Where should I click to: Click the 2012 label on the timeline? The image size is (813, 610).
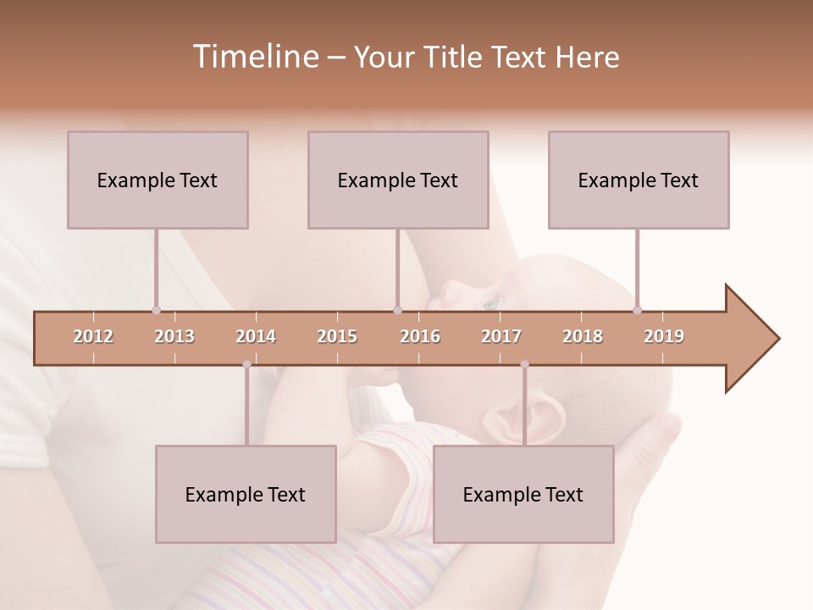pos(93,336)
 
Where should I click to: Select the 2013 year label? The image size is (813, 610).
pos(174,336)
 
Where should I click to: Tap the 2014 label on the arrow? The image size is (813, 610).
pos(256,336)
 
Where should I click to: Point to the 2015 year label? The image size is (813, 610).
pos(337,336)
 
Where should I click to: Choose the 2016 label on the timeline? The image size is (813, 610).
pos(420,336)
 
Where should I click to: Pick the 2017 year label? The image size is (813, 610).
pos(501,336)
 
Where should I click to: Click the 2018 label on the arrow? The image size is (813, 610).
pos(583,336)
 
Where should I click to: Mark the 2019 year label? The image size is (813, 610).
pos(664,336)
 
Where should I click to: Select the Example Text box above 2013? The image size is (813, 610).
pos(158,180)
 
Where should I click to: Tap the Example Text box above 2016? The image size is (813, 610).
pos(398,180)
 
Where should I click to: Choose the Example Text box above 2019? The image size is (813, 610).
pos(639,180)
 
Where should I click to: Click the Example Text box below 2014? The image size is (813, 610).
pos(246,494)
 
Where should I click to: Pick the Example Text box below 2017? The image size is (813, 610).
pos(523,494)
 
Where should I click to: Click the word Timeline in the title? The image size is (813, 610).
pos(254,57)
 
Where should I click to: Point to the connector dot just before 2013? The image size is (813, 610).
pos(157,310)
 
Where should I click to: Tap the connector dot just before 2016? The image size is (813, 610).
pos(398,310)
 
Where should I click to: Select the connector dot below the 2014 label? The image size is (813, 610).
pos(246,364)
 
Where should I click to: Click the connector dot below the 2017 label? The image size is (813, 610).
pos(524,364)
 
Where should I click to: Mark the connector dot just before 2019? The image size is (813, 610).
pos(638,310)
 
